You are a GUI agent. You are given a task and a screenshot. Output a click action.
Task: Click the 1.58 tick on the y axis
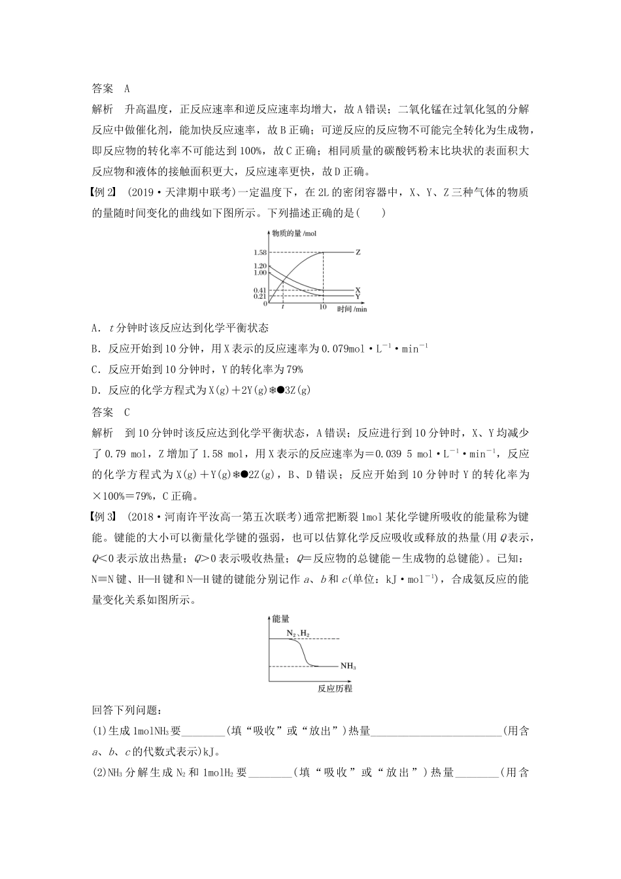click(260, 252)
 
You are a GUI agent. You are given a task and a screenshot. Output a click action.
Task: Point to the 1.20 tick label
click(260, 266)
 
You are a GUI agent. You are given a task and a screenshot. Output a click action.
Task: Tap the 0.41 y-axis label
click(260, 290)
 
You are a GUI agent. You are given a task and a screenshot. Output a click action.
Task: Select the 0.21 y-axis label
click(260, 296)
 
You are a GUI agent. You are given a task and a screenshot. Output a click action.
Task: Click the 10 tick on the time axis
click(322, 307)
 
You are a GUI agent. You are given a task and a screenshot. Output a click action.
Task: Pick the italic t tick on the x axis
click(282, 307)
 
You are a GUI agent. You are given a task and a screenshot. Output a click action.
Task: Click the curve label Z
click(358, 252)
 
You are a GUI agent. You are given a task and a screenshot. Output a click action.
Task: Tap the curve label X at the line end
click(358, 290)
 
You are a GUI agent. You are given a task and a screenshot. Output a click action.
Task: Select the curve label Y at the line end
click(358, 296)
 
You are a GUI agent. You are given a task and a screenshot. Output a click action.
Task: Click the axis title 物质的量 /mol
click(295, 233)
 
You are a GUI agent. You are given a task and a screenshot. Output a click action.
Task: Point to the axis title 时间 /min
click(352, 309)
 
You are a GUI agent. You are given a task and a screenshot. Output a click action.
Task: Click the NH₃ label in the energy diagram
click(348, 666)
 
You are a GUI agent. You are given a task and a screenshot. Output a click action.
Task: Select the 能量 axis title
click(281, 618)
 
